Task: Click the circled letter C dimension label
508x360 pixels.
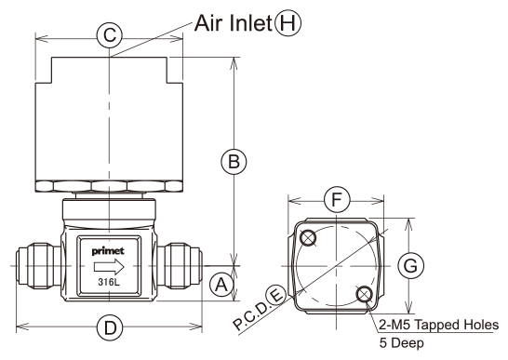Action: tap(110, 34)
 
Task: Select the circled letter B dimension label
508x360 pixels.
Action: tap(234, 161)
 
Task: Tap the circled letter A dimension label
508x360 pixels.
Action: tap(222, 286)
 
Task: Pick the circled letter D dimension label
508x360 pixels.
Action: tap(110, 327)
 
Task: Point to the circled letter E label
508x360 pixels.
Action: tap(276, 296)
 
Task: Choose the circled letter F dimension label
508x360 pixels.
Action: tap(337, 199)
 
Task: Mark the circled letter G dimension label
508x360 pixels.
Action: tap(411, 266)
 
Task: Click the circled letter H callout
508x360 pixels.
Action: tap(288, 23)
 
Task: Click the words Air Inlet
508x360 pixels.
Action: tap(234, 23)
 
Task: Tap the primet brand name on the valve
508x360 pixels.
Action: tap(108, 251)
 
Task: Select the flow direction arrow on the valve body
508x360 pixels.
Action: tap(109, 267)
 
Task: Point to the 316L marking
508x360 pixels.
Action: tap(109, 282)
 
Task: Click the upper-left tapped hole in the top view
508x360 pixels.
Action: tap(308, 238)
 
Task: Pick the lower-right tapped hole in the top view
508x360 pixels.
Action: tap(365, 294)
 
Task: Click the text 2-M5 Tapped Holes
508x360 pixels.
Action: tap(439, 325)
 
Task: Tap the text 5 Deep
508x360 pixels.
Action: tap(401, 343)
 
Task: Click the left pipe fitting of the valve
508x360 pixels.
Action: tap(38, 266)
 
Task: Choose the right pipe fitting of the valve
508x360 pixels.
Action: tap(180, 266)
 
